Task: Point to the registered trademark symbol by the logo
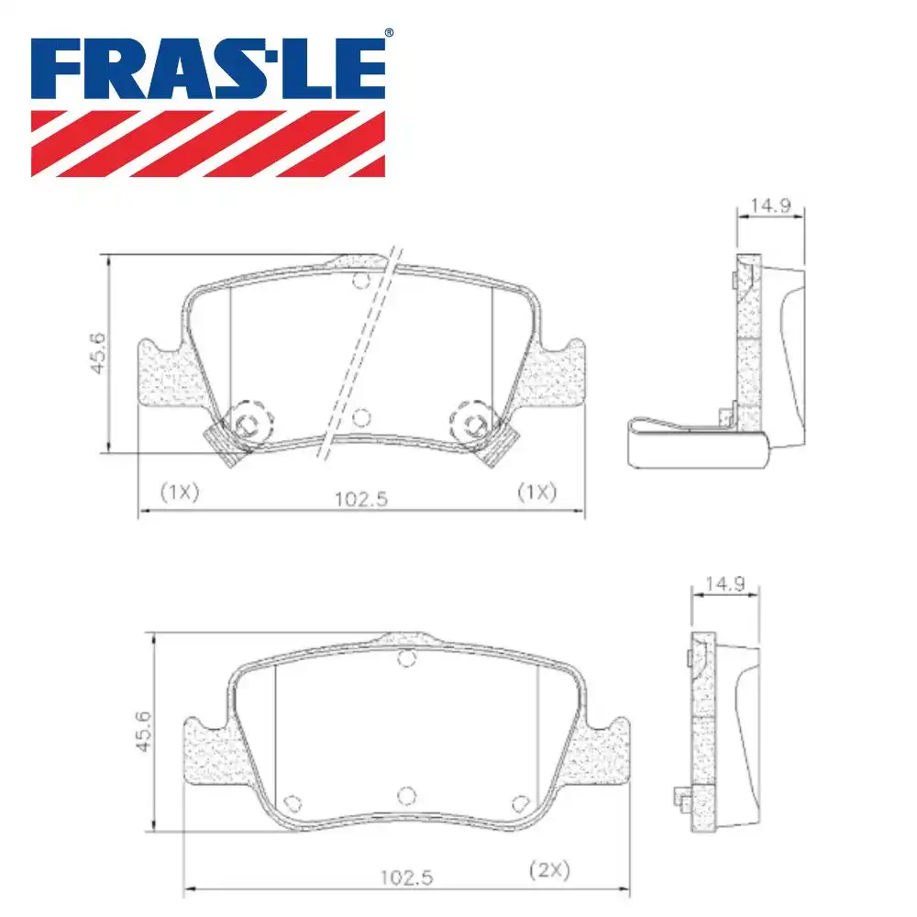388,33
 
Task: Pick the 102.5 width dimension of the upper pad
362,499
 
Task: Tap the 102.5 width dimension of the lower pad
406,877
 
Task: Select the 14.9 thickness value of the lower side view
724,583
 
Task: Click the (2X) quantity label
549,870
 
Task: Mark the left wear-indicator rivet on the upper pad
246,423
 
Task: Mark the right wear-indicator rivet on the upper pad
474,423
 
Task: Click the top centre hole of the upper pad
360,281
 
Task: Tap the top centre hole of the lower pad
407,657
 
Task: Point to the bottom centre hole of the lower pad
407,794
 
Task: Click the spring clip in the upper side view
697,445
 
